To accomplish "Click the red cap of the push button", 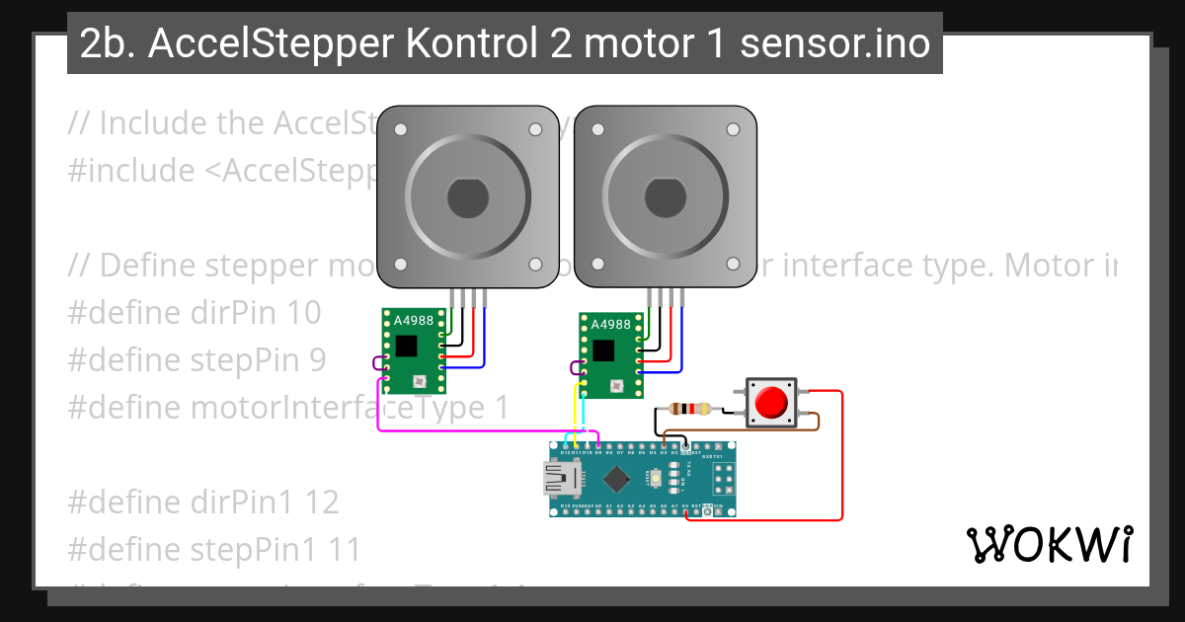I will (x=770, y=403).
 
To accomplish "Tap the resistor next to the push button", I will (x=688, y=409).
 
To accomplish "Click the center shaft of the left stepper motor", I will (x=468, y=198).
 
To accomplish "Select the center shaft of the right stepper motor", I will (x=665, y=198).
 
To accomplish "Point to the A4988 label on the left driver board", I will (x=414, y=321).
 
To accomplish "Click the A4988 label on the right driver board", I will (x=610, y=324).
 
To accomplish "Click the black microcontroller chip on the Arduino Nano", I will (x=616, y=480).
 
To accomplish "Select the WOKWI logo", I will (x=1050, y=544).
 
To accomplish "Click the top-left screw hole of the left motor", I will (x=400, y=129).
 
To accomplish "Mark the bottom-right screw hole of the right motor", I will (x=733, y=265).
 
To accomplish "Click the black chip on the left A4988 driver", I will (x=405, y=346).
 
